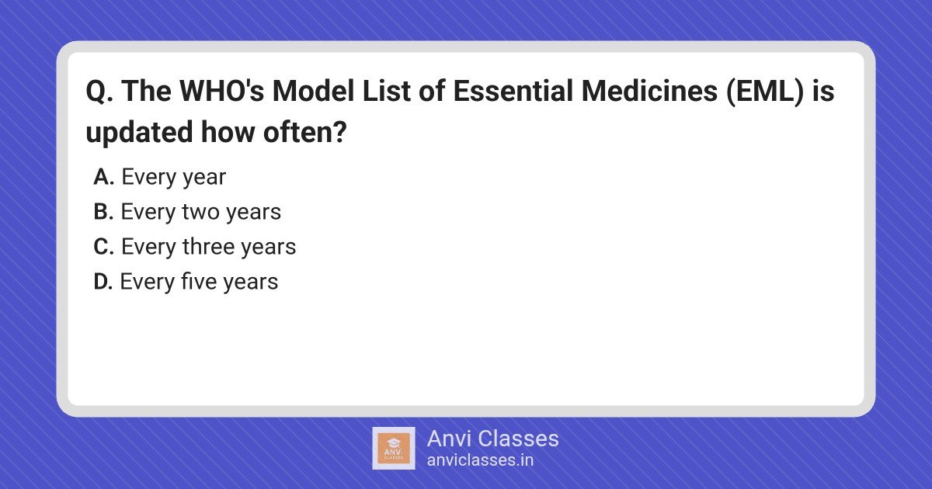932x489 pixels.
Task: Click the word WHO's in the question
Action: point(222,91)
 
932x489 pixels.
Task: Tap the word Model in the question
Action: point(313,91)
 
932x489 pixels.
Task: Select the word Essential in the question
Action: point(513,91)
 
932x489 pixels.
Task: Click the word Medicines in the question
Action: point(649,91)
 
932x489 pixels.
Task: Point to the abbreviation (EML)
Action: point(765,92)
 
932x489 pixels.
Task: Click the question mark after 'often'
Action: point(340,132)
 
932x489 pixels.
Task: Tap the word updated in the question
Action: point(139,132)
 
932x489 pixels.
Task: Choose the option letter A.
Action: point(103,177)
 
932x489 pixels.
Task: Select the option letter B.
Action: point(103,212)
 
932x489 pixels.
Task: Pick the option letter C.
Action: point(103,247)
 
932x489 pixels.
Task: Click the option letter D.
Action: point(103,282)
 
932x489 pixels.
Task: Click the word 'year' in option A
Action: point(204,178)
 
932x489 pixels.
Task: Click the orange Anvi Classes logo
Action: point(394,449)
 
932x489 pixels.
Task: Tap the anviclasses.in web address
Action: point(480,460)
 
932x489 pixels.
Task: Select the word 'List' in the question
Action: point(387,91)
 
